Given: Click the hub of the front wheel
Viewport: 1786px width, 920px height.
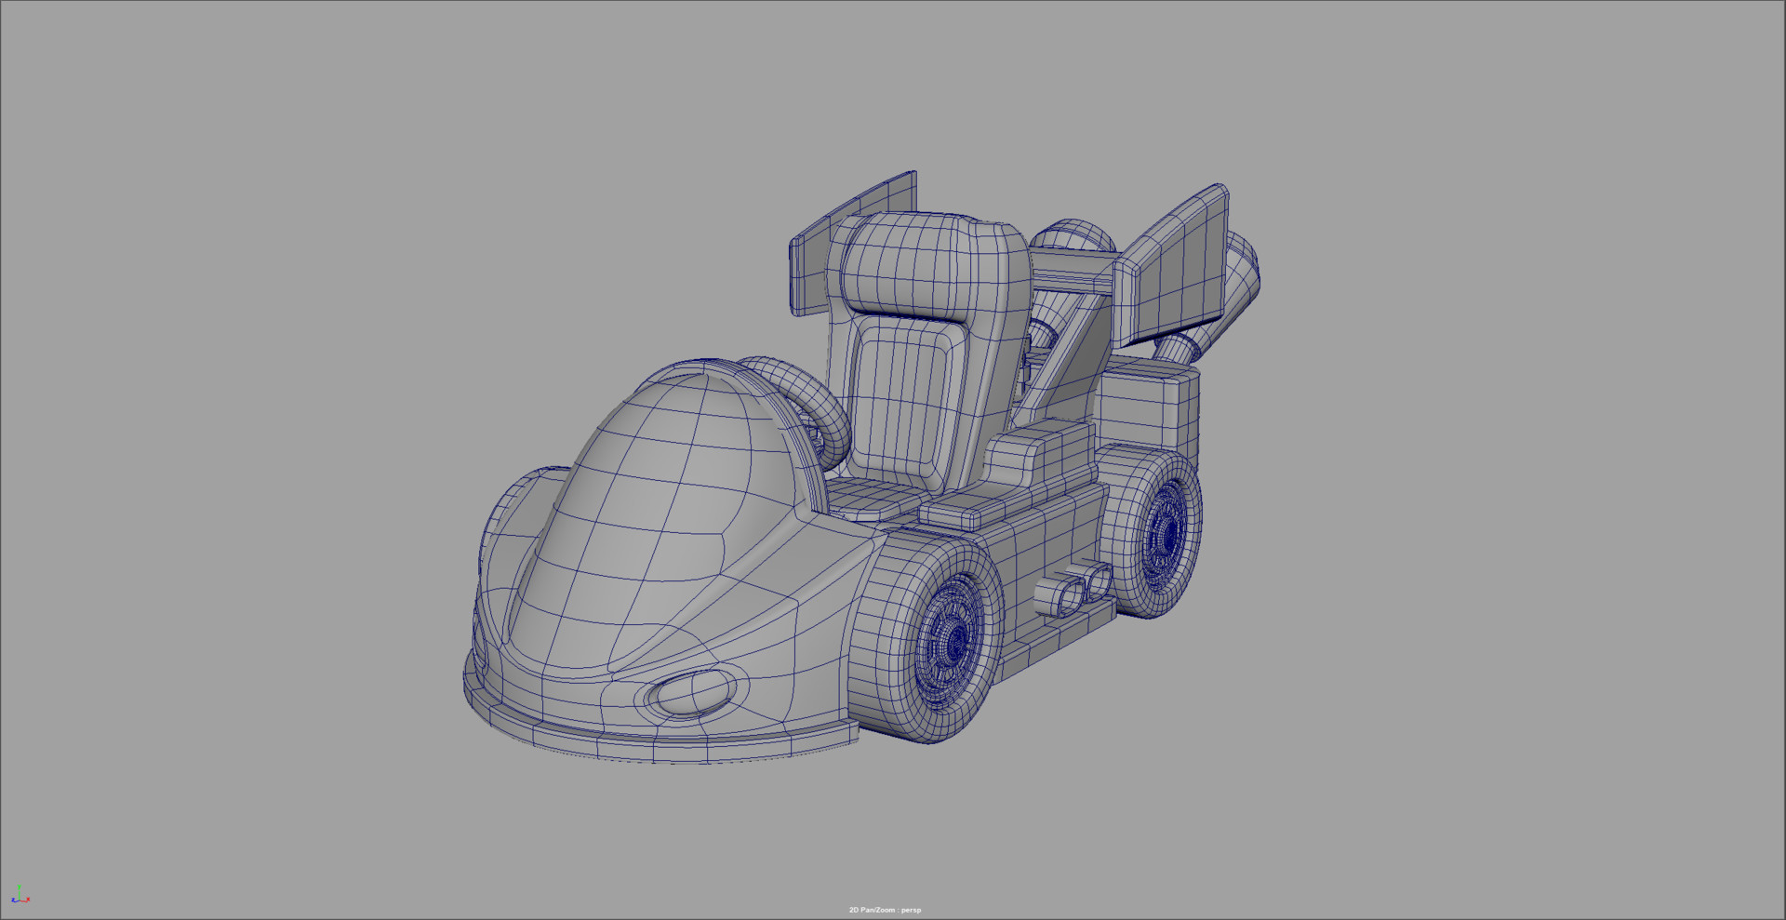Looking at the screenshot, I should coord(953,642).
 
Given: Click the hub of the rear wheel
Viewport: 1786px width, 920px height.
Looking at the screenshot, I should coord(1164,534).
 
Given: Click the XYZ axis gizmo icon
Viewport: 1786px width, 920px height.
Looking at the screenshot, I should coord(20,895).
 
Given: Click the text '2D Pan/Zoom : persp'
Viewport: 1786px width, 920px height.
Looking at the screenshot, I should coord(885,910).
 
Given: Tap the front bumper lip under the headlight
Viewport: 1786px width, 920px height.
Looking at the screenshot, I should coord(651,740).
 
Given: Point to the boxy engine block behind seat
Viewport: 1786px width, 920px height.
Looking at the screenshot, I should coord(1149,409).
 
